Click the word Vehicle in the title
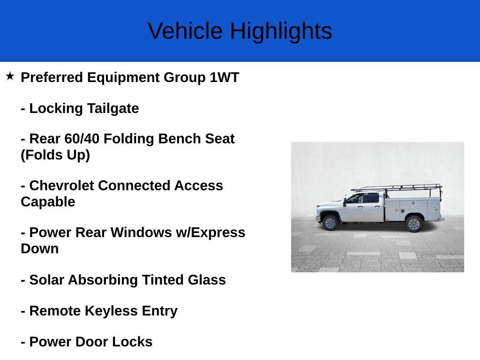[185, 31]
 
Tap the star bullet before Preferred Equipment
[10, 76]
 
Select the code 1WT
[224, 77]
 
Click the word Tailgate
[113, 109]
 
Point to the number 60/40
[82, 139]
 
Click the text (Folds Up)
[55, 155]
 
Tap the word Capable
[48, 202]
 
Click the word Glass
[207, 280]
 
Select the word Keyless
[111, 311]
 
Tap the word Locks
[132, 342]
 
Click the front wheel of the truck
[330, 223]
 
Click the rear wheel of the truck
[413, 224]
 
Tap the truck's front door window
[356, 198]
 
